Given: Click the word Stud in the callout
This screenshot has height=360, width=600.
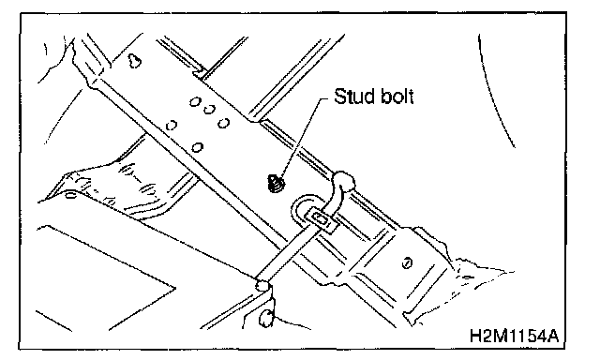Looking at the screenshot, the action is tap(354, 96).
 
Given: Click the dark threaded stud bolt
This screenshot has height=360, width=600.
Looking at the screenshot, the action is tap(276, 183).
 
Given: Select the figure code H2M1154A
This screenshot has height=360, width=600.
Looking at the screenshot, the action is tap(514, 336).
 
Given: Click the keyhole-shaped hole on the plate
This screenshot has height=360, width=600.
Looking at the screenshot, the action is tap(134, 60).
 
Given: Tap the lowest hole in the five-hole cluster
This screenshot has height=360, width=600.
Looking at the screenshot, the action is tap(198, 147).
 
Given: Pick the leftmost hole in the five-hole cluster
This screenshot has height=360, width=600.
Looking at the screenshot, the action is tap(171, 125).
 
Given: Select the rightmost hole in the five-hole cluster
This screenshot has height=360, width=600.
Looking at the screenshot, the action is tap(223, 123).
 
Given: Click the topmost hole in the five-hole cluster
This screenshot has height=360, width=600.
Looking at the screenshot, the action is tap(195, 102).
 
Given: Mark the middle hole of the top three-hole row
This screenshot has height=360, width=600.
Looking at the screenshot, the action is tap(209, 111).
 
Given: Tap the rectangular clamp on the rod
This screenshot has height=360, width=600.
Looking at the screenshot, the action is tap(321, 220).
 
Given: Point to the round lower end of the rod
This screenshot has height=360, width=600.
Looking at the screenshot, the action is tap(262, 285).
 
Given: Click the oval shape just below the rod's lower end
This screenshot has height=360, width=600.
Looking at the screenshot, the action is tap(265, 318).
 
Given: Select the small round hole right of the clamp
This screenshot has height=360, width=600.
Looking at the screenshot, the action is tap(407, 262).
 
